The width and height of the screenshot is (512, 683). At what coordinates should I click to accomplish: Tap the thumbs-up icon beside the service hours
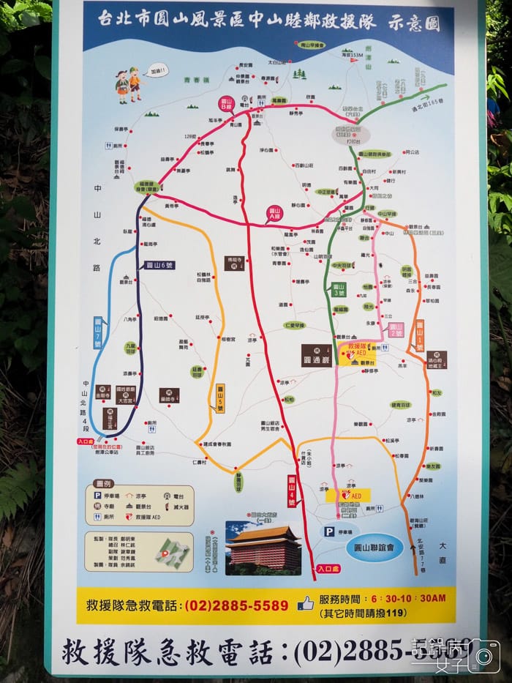[305, 603]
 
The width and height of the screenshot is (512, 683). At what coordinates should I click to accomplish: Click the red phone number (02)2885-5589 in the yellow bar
[236, 605]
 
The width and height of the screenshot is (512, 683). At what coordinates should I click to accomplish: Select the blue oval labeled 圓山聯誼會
[374, 547]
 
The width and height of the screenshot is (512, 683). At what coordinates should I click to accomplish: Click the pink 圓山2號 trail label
[396, 329]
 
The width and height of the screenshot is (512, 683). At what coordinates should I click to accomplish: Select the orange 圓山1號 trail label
[420, 331]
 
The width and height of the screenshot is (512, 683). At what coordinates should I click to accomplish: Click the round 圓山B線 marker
[225, 103]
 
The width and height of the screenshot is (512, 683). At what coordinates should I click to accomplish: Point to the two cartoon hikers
[128, 85]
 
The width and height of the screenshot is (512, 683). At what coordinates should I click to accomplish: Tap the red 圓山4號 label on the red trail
[291, 490]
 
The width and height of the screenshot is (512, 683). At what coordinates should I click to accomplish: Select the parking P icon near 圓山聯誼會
[329, 531]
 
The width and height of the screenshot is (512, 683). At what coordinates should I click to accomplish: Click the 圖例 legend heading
[104, 485]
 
